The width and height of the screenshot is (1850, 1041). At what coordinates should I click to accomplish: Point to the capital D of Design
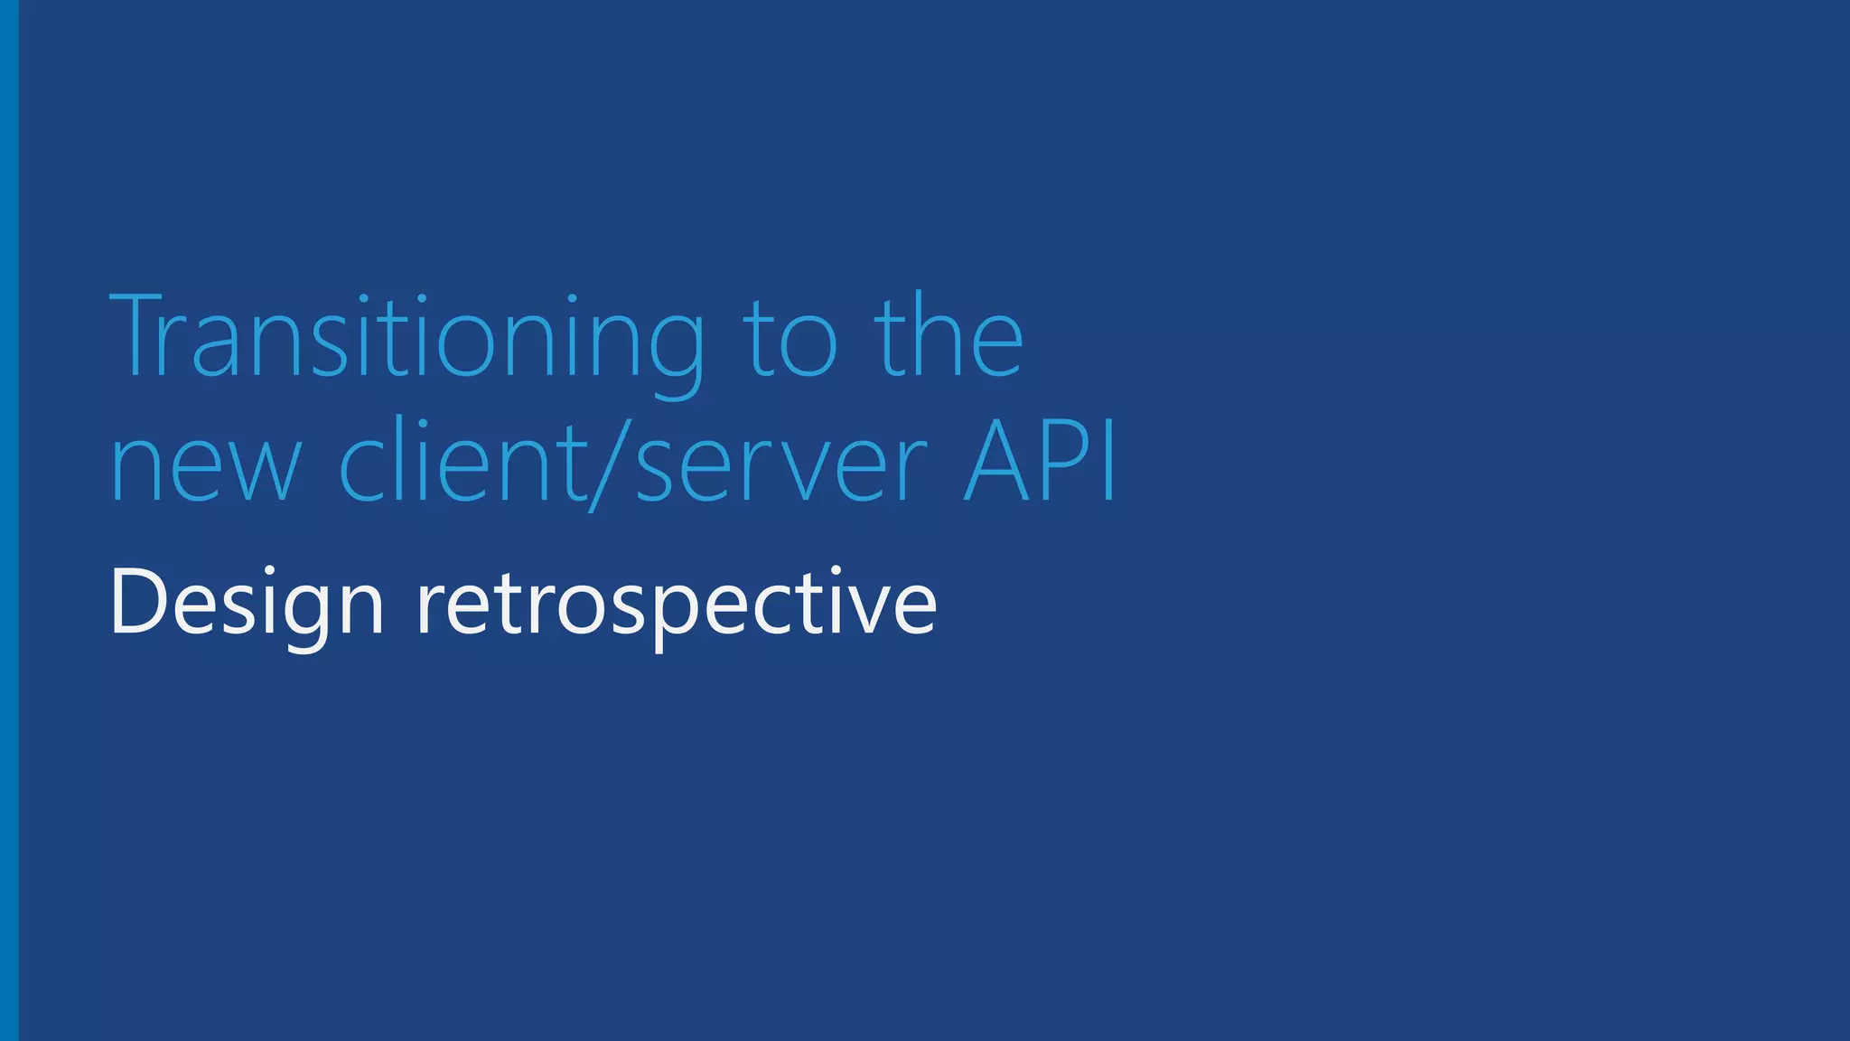(135, 602)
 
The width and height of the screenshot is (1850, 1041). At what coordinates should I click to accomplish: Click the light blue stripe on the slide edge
(9, 520)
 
